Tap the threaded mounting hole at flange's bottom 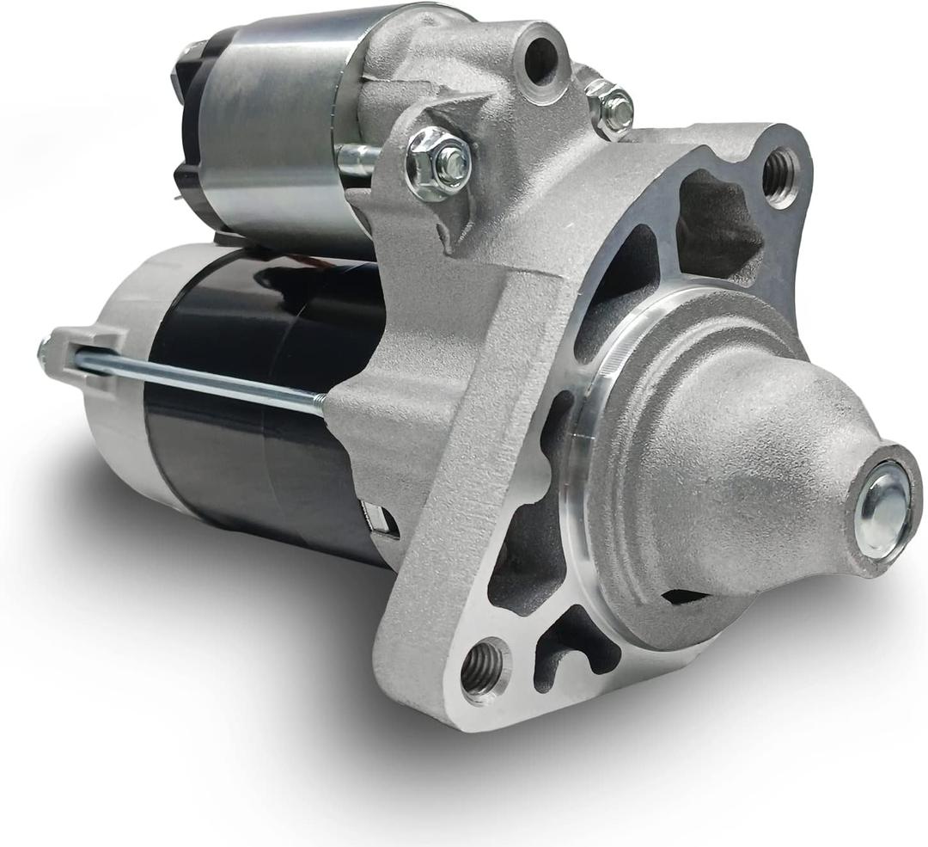pyautogui.click(x=483, y=668)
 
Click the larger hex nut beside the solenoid pyautogui.click(x=440, y=163)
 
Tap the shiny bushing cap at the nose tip pyautogui.click(x=883, y=508)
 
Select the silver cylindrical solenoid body pyautogui.click(x=275, y=120)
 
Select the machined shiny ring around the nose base pyautogui.click(x=593, y=430)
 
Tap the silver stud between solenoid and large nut pyautogui.click(x=359, y=157)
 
